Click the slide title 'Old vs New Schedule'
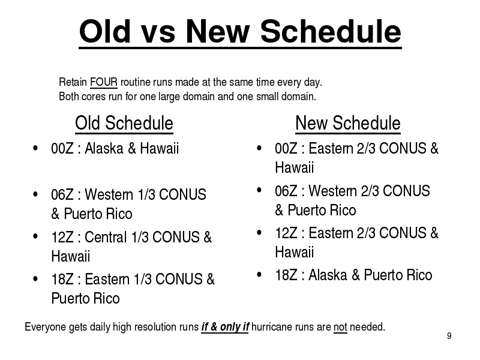tap(241, 32)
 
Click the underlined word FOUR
tap(103, 82)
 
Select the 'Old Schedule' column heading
tap(124, 124)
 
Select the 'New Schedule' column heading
tap(348, 124)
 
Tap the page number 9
tap(449, 336)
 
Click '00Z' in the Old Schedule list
tap(62, 148)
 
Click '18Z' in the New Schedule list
tap(286, 275)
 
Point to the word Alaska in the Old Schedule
tap(104, 148)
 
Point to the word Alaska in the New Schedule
tap(328, 275)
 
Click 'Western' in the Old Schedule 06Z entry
tap(109, 194)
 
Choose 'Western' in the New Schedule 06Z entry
tap(333, 191)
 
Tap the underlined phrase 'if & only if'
tap(225, 327)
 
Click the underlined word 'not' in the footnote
tap(340, 327)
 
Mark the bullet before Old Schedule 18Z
tap(35, 279)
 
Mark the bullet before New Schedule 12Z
tap(259, 233)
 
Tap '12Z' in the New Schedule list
tap(286, 233)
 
